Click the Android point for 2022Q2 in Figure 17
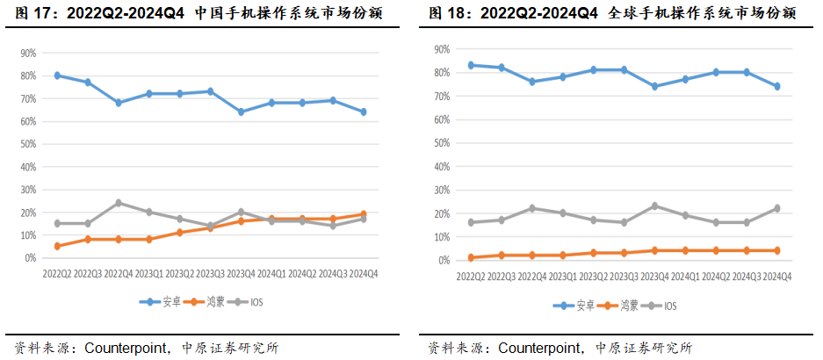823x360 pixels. point(57,76)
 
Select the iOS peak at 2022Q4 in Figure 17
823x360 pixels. point(119,203)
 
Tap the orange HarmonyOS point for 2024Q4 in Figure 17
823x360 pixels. point(363,214)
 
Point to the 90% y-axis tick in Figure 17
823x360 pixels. point(28,53)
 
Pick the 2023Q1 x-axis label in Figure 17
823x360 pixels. point(148,273)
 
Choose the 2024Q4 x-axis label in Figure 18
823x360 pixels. point(776,276)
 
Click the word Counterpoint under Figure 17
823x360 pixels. point(124,347)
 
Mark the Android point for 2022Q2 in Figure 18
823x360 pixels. point(472,65)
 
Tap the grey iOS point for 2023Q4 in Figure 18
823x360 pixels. point(654,206)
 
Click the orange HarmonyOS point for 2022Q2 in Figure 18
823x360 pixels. point(472,257)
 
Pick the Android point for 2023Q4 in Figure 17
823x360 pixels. point(241,112)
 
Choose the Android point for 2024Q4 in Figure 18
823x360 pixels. point(776,86)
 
